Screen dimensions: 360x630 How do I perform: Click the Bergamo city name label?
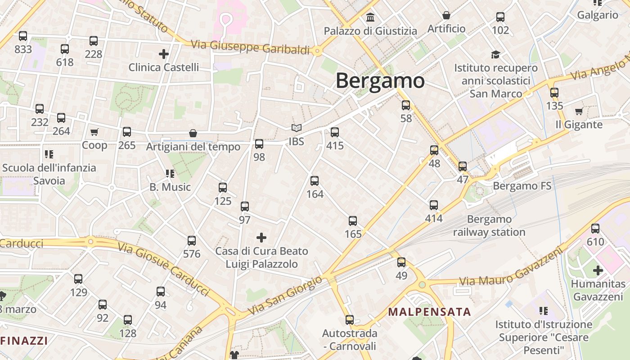click(380, 81)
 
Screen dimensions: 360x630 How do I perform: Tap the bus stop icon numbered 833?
click(23, 36)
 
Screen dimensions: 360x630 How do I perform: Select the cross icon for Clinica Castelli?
click(164, 54)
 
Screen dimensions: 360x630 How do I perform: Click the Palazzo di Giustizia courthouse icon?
click(371, 18)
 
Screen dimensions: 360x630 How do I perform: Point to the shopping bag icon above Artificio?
click(446, 15)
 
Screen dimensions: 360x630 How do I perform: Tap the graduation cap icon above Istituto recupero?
click(495, 54)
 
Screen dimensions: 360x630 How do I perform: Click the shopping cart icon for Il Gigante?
click(579, 111)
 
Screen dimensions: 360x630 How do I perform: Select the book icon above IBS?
click(296, 128)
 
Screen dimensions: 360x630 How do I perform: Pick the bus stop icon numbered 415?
click(335, 132)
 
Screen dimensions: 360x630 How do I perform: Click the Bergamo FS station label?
click(522, 186)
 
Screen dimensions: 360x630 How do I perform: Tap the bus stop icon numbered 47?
click(463, 166)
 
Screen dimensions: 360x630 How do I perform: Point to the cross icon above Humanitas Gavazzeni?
click(598, 270)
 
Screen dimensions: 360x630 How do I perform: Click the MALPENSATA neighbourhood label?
click(429, 312)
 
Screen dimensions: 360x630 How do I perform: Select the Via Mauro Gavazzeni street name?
click(511, 268)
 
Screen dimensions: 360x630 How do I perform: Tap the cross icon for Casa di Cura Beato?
click(261, 238)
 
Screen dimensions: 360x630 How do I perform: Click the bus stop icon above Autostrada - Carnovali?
click(350, 320)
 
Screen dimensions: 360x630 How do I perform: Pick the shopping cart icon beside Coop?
click(94, 132)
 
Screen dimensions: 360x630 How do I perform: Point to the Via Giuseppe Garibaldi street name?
click(251, 47)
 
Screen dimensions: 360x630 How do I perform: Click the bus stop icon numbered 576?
click(192, 241)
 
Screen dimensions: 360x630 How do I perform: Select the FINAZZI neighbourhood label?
click(24, 341)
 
